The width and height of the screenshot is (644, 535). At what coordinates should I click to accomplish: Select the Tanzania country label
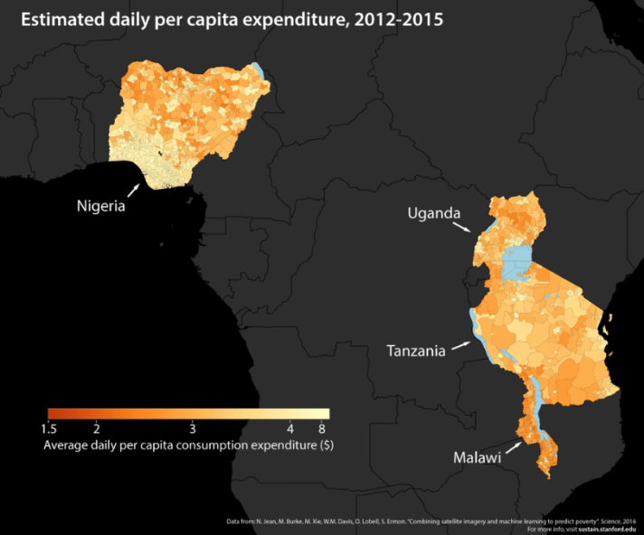tap(416, 351)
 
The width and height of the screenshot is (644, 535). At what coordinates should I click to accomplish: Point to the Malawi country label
tap(477, 458)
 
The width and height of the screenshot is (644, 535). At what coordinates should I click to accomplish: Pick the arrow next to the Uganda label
tap(465, 226)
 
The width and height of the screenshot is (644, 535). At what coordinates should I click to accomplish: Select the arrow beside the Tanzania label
tap(460, 345)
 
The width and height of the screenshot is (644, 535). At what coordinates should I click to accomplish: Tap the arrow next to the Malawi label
tap(513, 446)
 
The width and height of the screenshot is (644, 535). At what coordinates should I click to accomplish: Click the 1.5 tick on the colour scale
tap(51, 427)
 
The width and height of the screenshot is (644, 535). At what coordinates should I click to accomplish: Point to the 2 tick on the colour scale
tap(97, 427)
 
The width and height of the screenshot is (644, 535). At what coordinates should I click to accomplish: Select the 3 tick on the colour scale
tap(192, 427)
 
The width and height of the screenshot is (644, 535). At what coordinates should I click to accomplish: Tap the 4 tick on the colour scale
tap(290, 427)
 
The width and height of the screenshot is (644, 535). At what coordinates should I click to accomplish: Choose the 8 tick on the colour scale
tap(323, 427)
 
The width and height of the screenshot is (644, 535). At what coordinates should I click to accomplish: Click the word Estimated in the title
tap(62, 19)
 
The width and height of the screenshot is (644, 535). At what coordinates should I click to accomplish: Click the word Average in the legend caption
tap(69, 446)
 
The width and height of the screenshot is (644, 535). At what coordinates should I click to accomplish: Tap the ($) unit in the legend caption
tap(327, 446)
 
